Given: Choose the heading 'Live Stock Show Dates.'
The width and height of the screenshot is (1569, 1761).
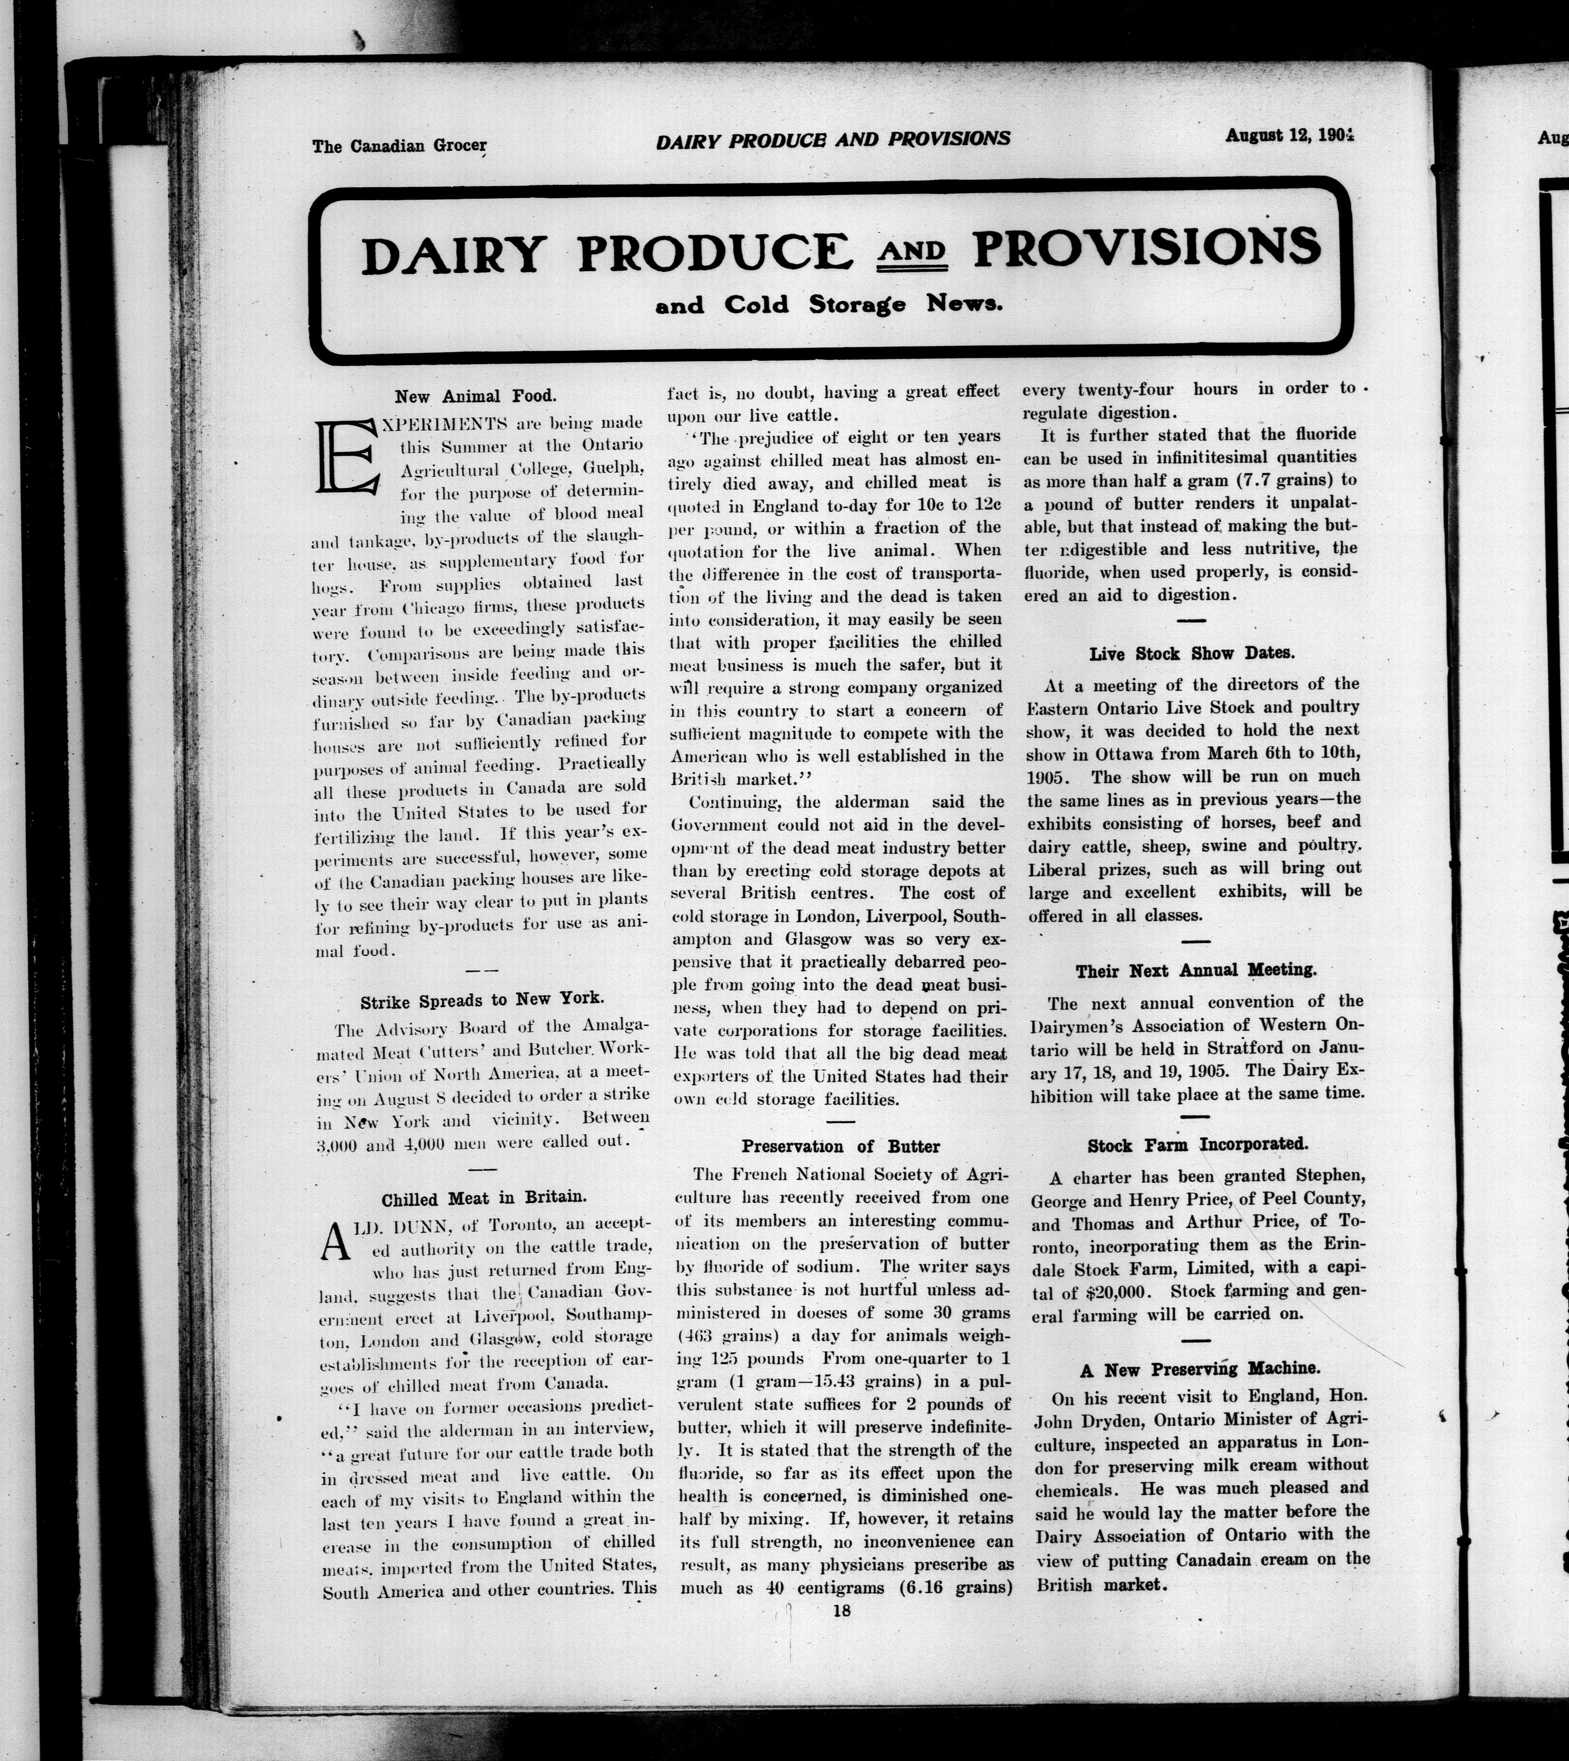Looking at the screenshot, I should pyautogui.click(x=1192, y=653).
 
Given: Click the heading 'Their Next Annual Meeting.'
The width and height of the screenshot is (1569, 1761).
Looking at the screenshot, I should pyautogui.click(x=1196, y=971).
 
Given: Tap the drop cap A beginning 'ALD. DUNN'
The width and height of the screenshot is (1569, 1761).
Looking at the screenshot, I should pyautogui.click(x=335, y=1243).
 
